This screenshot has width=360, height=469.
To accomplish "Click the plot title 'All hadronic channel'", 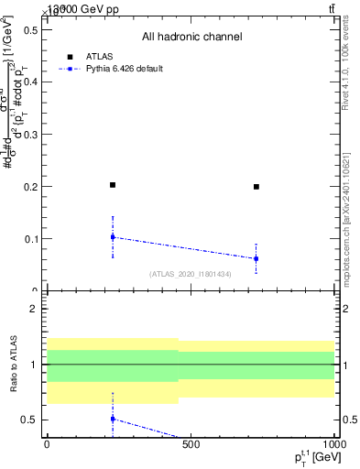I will tap(191, 37).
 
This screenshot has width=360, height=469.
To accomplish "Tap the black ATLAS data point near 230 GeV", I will tap(113, 185).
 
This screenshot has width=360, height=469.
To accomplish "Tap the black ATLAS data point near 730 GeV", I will tap(256, 187).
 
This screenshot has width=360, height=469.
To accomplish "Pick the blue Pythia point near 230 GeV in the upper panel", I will tap(113, 237).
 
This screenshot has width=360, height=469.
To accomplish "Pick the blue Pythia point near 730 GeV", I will tap(256, 258).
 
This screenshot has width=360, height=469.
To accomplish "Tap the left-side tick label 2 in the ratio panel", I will tap(34, 310).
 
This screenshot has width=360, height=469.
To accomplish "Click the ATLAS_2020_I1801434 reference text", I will tap(191, 274).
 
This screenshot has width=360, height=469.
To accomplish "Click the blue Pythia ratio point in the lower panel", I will tap(113, 419).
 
